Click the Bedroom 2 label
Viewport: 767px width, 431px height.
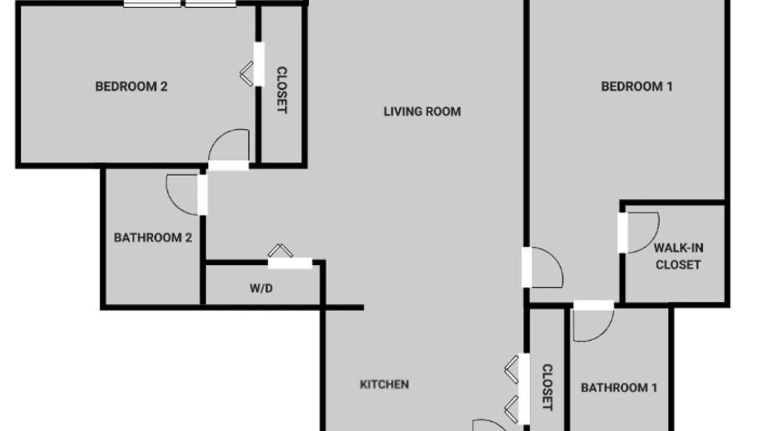pyautogui.click(x=131, y=87)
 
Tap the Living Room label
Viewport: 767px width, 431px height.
pyautogui.click(x=422, y=112)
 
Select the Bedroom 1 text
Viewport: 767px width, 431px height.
pyautogui.click(x=637, y=87)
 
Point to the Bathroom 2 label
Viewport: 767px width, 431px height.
pyautogui.click(x=153, y=238)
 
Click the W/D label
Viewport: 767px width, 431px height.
pyautogui.click(x=261, y=289)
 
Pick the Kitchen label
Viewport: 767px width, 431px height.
pyautogui.click(x=384, y=384)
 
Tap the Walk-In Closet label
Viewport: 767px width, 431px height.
pyautogui.click(x=678, y=256)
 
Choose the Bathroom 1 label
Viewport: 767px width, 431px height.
pyautogui.click(x=619, y=388)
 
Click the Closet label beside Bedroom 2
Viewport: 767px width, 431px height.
pyautogui.click(x=282, y=90)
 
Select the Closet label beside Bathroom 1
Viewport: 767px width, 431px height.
pyautogui.click(x=548, y=387)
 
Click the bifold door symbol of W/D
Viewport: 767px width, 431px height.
pyautogui.click(x=280, y=250)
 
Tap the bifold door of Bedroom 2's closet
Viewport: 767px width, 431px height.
pyautogui.click(x=246, y=74)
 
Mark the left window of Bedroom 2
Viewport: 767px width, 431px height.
pyautogui.click(x=152, y=4)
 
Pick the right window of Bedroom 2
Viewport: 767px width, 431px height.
pyautogui.click(x=210, y=4)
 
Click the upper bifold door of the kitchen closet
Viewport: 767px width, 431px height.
pyautogui.click(x=512, y=369)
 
